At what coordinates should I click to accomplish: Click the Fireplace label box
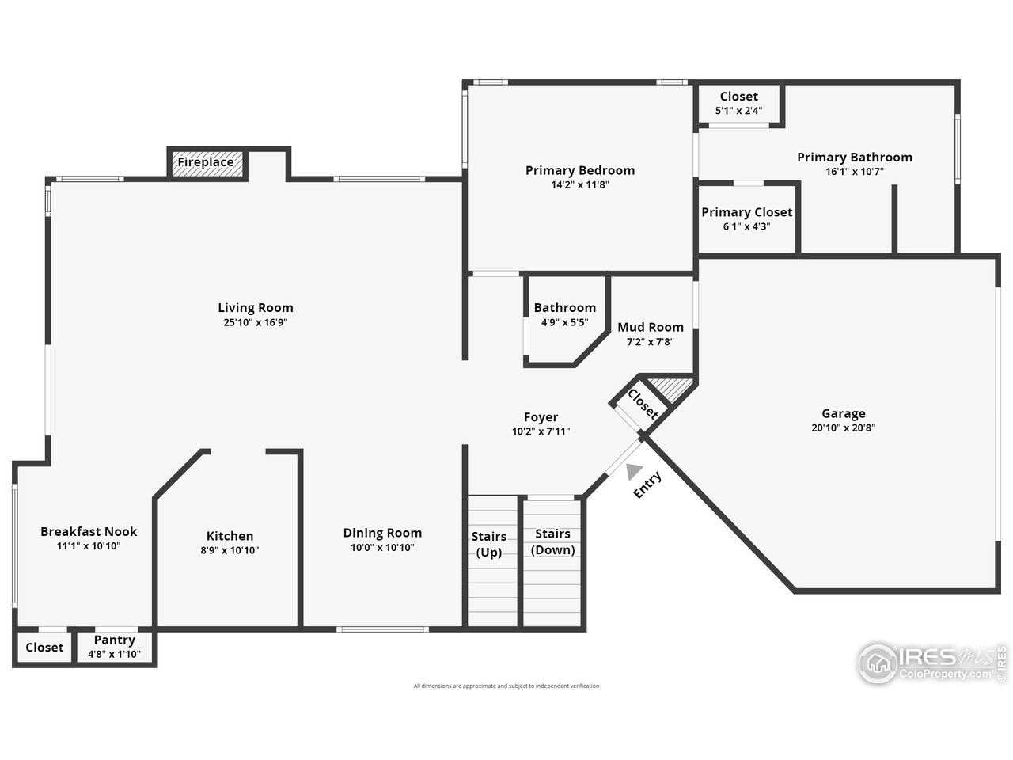click(206, 163)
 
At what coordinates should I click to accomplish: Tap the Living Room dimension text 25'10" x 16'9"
click(256, 323)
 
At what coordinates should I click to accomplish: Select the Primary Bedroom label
click(580, 170)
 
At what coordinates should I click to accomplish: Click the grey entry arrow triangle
click(633, 472)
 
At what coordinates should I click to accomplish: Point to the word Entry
click(647, 485)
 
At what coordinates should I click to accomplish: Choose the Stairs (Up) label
click(489, 545)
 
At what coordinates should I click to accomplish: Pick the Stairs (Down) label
click(552, 542)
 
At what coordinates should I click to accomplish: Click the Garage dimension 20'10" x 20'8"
click(843, 428)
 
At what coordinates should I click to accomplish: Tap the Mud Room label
click(651, 327)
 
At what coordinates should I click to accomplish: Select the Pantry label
click(115, 640)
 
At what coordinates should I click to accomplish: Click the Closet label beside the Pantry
click(44, 648)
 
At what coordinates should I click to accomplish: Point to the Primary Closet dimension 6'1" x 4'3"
click(746, 226)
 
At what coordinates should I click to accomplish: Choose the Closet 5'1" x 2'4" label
click(738, 97)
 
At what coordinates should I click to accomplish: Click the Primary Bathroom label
click(854, 158)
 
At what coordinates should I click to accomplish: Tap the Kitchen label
click(230, 536)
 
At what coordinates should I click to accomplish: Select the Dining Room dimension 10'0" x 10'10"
click(382, 548)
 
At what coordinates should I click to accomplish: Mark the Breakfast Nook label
click(89, 531)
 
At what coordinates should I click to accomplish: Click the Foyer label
click(541, 417)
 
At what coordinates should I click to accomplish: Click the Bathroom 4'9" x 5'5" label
click(564, 308)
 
